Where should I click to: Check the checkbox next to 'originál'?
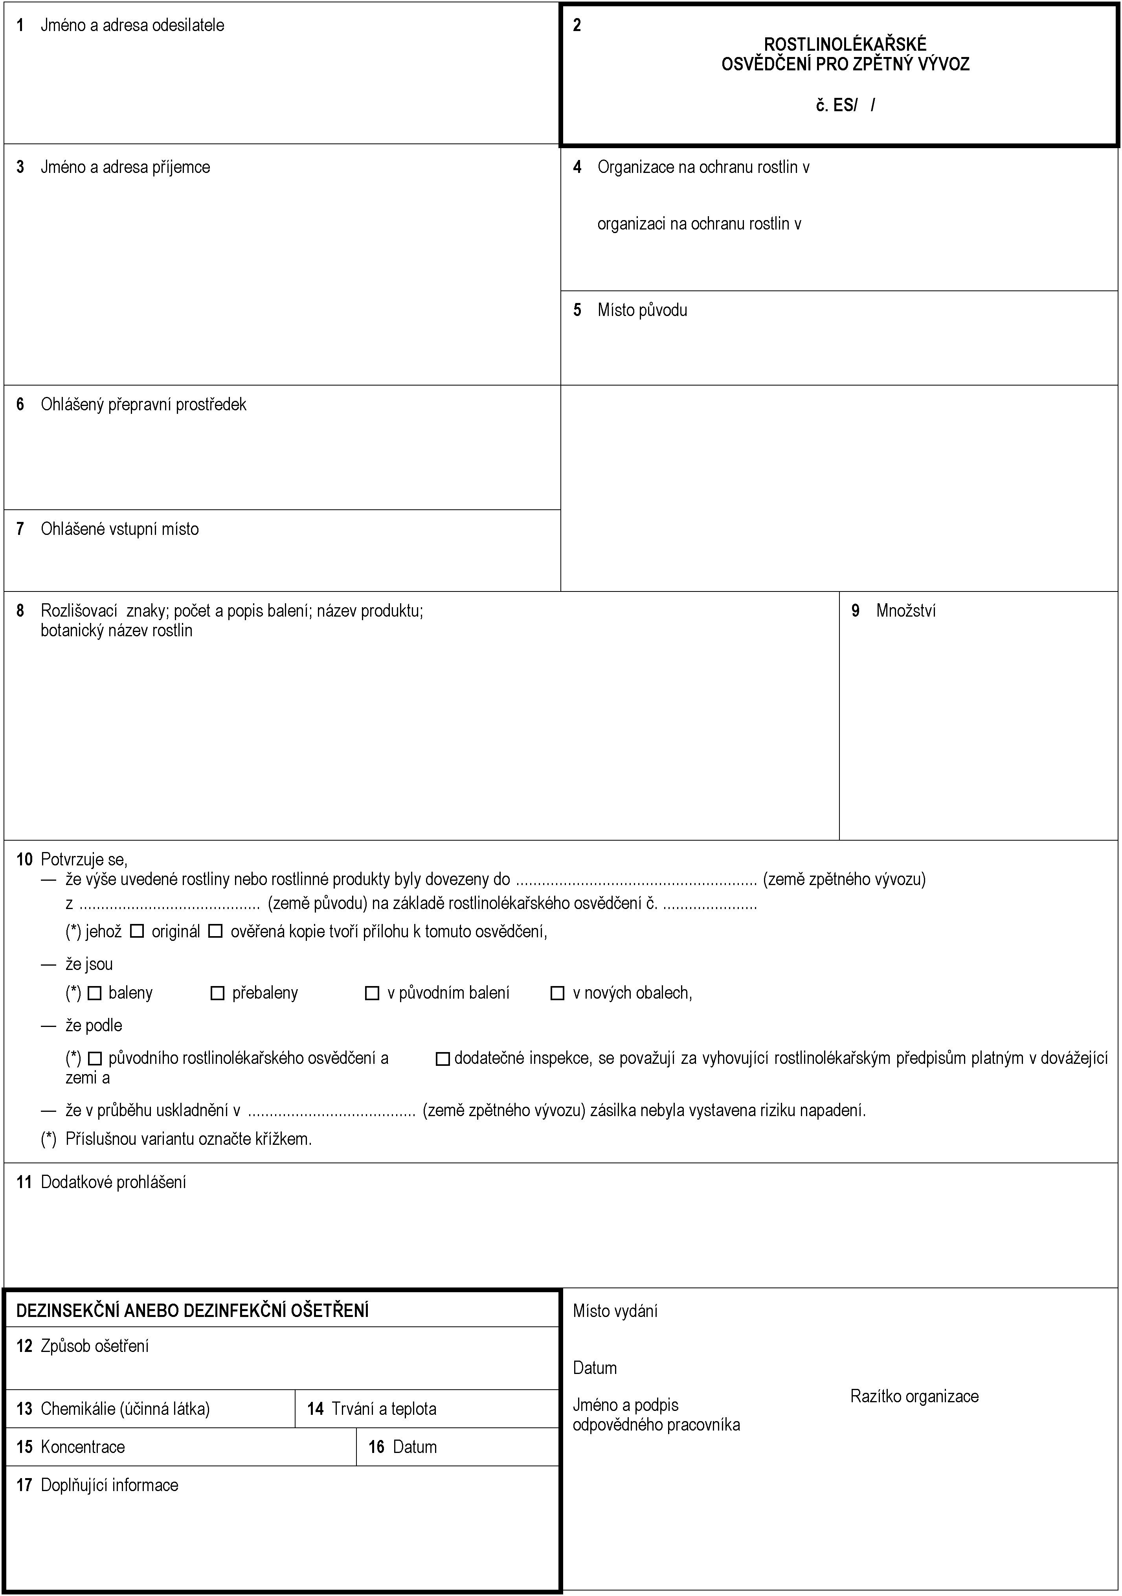[x=137, y=931]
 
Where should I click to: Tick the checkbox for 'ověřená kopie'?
[x=215, y=931]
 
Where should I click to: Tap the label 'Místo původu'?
[x=642, y=310]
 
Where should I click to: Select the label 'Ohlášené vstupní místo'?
[x=119, y=529]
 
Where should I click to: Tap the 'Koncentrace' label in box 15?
[x=83, y=1447]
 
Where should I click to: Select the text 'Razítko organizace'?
[x=914, y=1396]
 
